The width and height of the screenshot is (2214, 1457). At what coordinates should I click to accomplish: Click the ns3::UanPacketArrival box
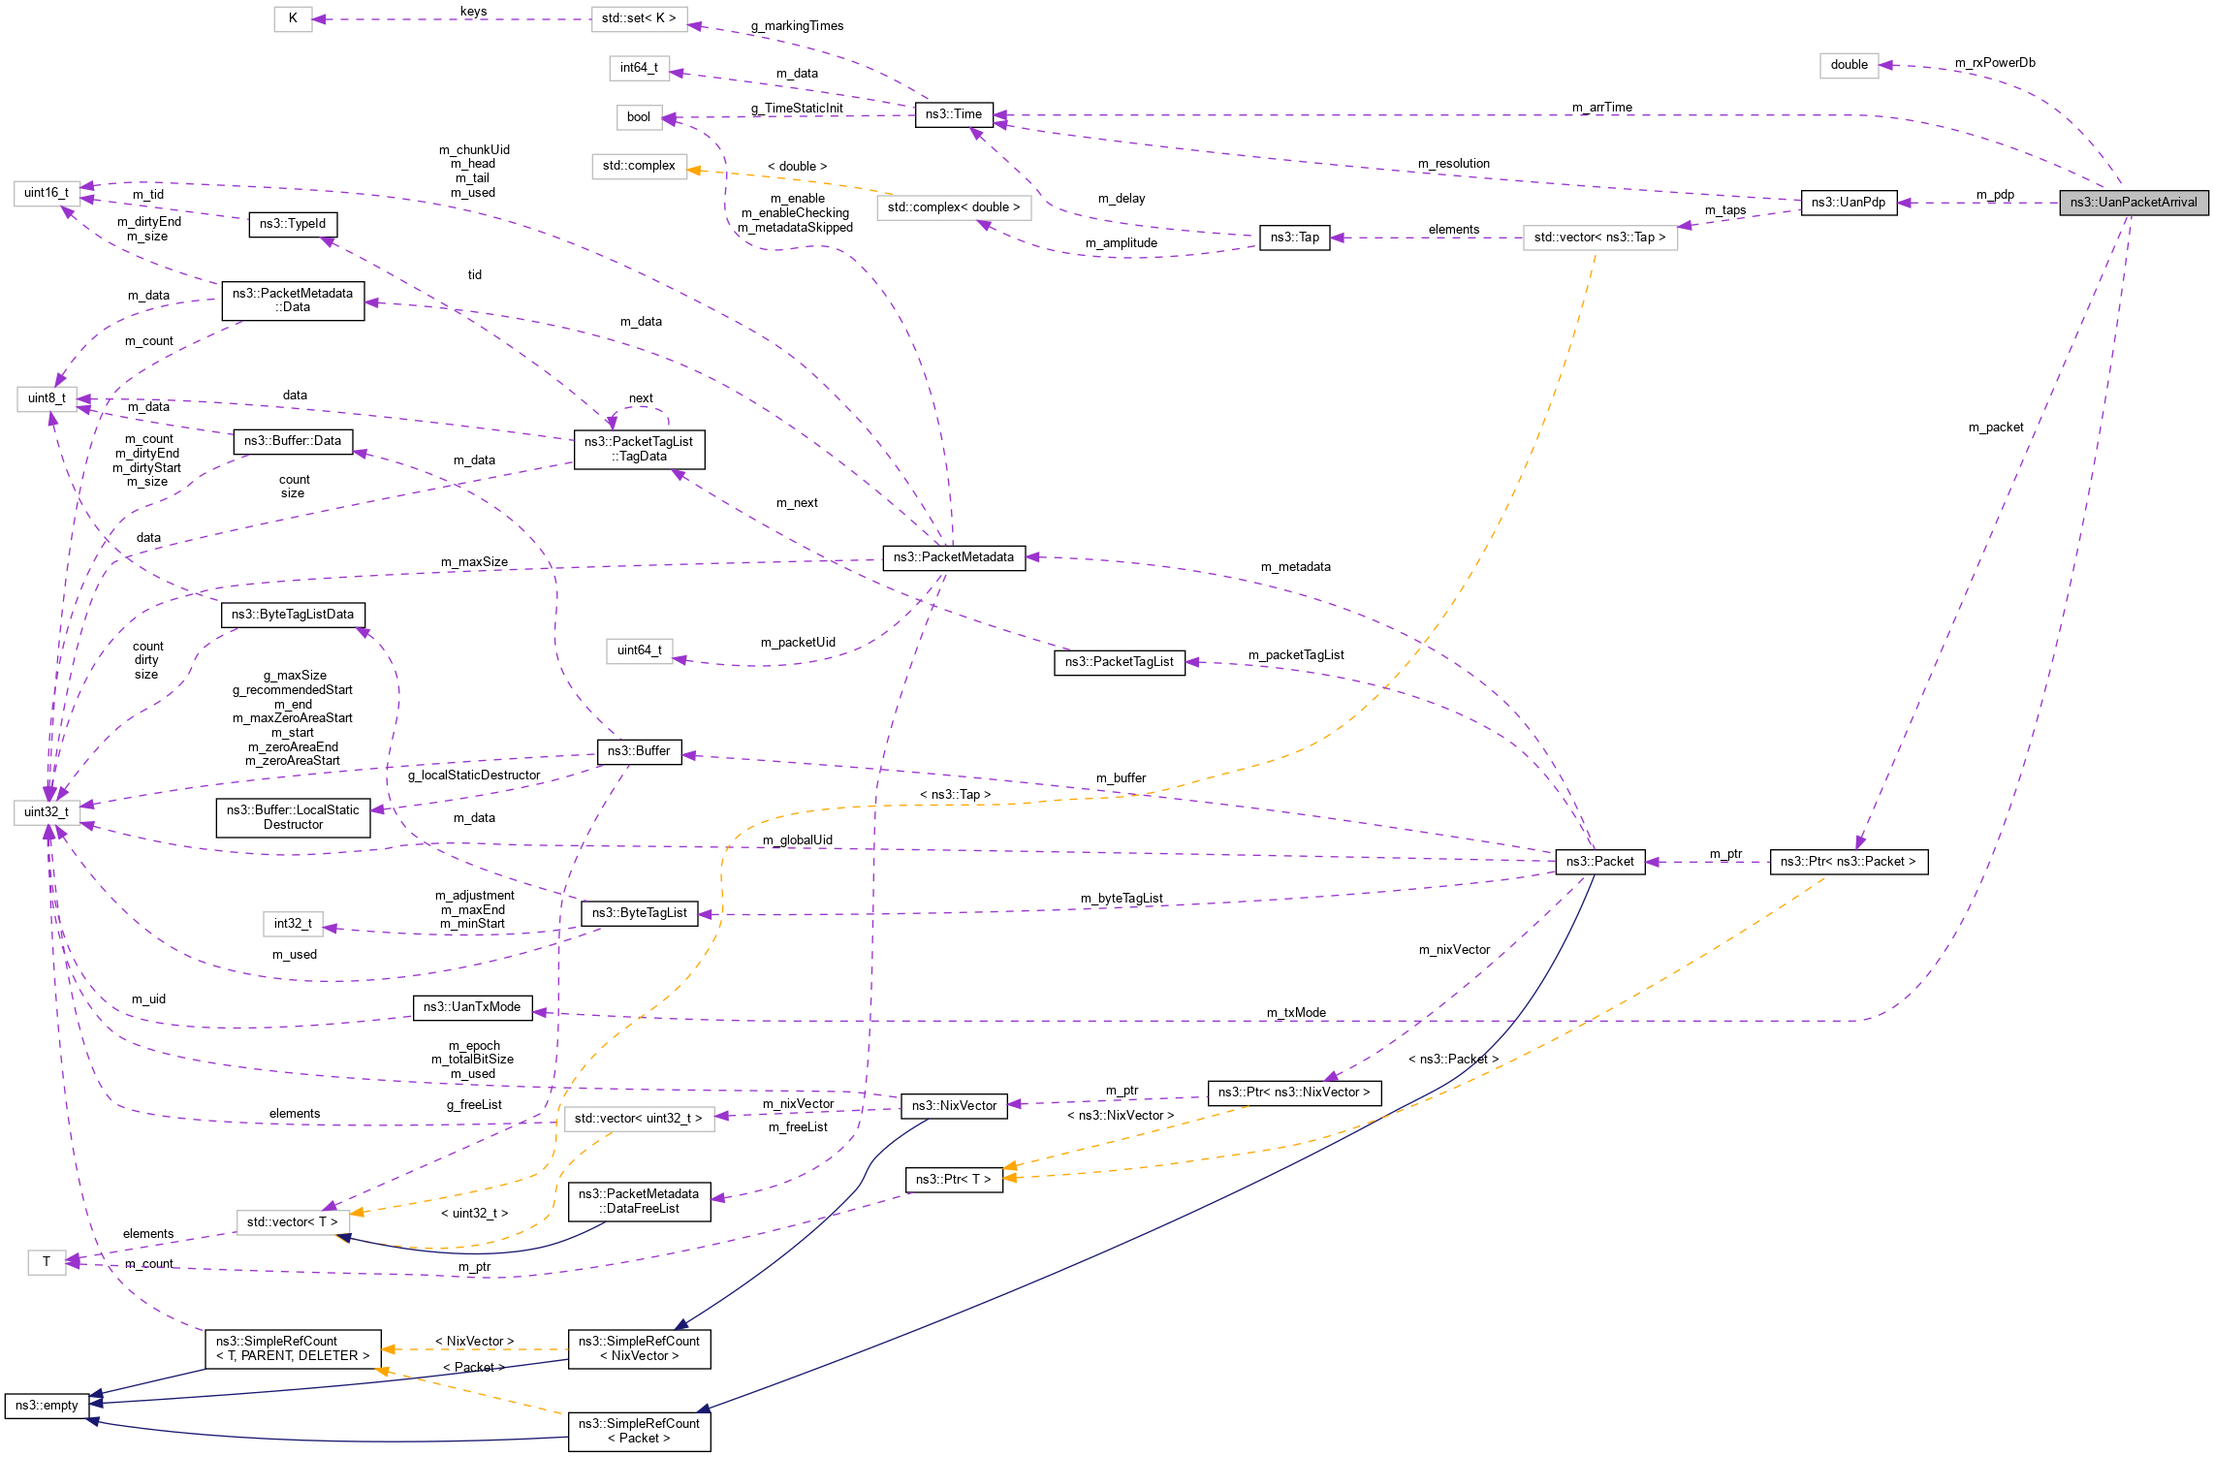pyautogui.click(x=2133, y=203)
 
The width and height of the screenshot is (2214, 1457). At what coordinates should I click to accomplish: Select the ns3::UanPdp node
pyautogui.click(x=1848, y=203)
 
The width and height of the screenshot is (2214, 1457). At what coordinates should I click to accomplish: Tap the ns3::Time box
pyautogui.click(x=953, y=114)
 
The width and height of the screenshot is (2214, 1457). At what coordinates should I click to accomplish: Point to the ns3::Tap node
pyautogui.click(x=1294, y=238)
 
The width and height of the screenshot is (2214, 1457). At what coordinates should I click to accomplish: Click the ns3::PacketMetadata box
pyautogui.click(x=953, y=557)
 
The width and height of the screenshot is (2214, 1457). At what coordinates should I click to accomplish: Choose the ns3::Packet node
pyautogui.click(x=1599, y=862)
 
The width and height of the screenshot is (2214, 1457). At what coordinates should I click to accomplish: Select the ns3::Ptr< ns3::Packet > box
pyautogui.click(x=1848, y=862)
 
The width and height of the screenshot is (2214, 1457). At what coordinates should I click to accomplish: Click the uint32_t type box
pyautogui.click(x=47, y=812)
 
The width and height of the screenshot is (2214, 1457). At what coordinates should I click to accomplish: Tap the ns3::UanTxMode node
pyautogui.click(x=472, y=1007)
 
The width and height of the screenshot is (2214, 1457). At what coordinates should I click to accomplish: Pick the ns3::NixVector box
pyautogui.click(x=954, y=1106)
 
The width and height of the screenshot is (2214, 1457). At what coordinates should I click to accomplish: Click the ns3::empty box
pyautogui.click(x=47, y=1406)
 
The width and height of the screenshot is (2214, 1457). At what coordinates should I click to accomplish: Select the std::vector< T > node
pyautogui.click(x=292, y=1222)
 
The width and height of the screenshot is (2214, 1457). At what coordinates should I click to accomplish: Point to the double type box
pyautogui.click(x=1849, y=65)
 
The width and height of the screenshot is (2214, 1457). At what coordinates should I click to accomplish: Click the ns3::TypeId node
pyautogui.click(x=293, y=224)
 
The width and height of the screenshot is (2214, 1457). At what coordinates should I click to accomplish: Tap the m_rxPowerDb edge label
pyautogui.click(x=1995, y=63)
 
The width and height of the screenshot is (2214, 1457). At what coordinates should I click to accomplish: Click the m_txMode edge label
pyautogui.click(x=1296, y=1013)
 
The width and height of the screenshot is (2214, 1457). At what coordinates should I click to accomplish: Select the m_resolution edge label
pyautogui.click(x=1453, y=164)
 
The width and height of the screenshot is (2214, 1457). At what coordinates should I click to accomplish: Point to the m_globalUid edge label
pyautogui.click(x=797, y=840)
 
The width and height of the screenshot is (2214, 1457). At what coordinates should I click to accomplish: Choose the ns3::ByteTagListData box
pyautogui.click(x=293, y=615)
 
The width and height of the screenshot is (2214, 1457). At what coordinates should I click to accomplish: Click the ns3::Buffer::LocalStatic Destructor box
pyautogui.click(x=293, y=817)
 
